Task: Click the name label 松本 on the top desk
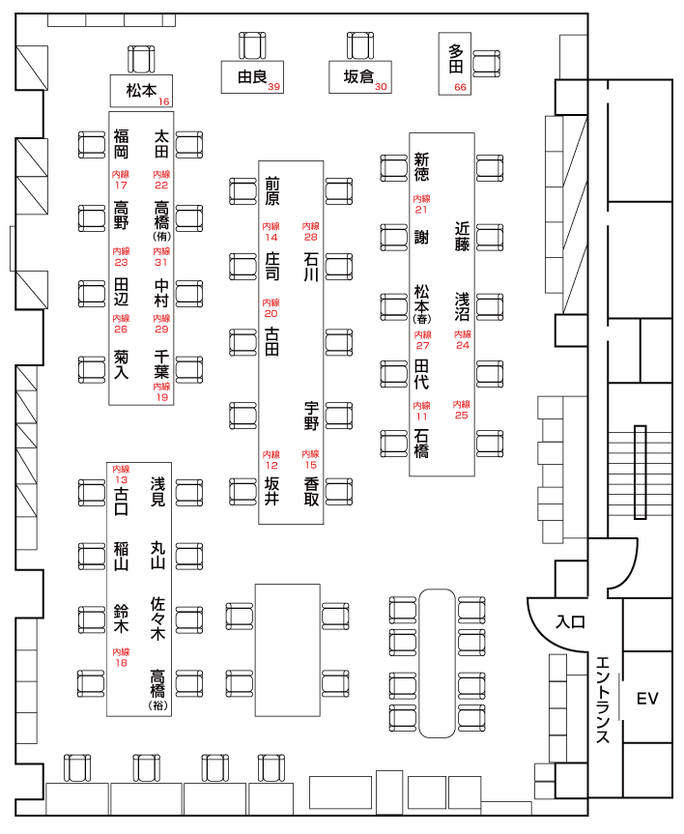140,90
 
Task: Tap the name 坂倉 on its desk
357,76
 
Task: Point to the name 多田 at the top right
456,59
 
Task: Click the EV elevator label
646,698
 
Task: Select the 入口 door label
570,622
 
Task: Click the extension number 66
460,87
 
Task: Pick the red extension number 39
274,87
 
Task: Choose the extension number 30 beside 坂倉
381,87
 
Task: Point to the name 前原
272,190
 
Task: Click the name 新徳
421,167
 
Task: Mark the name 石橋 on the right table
421,442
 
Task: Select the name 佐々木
157,618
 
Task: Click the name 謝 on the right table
421,237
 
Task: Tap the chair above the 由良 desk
252,47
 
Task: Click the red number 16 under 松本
164,101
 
